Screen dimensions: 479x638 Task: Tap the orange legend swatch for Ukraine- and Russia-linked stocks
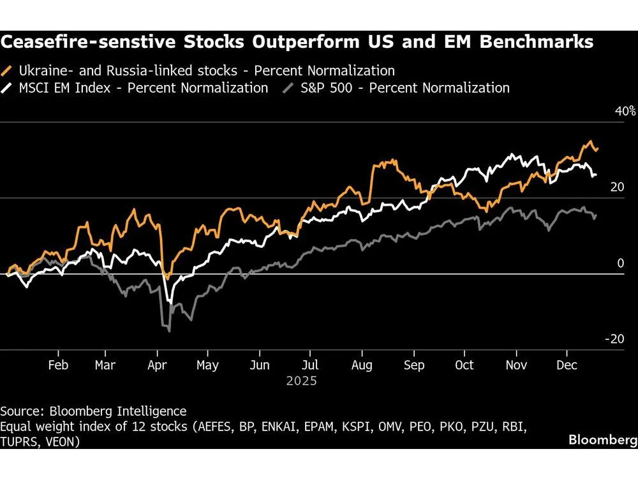(8, 70)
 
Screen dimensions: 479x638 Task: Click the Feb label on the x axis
(59, 365)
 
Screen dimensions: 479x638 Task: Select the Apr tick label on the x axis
(158, 365)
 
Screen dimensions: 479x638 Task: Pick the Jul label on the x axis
(309, 365)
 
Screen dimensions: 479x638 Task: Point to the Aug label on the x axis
(362, 365)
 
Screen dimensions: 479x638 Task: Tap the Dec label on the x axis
(567, 365)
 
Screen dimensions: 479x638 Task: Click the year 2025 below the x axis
(300, 381)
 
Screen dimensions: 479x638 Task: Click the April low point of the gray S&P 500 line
(169, 331)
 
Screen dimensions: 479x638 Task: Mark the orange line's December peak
(591, 142)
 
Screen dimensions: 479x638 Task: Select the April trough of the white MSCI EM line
(169, 301)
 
